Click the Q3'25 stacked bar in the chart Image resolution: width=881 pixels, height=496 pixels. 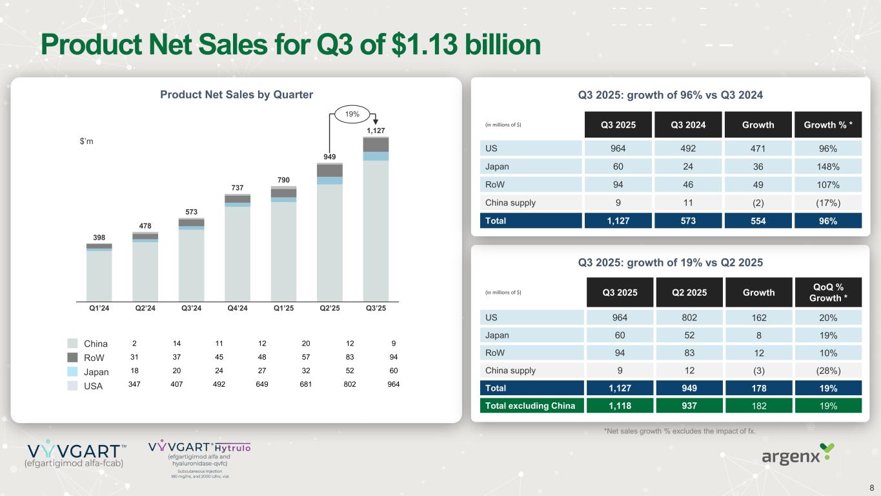pos(376,220)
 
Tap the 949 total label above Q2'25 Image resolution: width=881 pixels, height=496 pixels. pos(330,156)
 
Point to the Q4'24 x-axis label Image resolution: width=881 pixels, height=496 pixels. pos(238,308)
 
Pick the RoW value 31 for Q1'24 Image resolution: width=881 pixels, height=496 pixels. pos(134,358)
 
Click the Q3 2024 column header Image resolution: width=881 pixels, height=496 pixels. pos(688,125)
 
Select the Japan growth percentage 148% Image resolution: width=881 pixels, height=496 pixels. pos(828,167)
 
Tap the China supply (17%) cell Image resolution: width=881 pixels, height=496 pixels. pos(828,203)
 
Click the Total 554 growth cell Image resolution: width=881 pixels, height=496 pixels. pos(759,221)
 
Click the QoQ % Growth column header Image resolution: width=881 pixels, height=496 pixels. pos(828,293)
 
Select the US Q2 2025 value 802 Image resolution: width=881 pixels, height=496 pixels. pos(688,317)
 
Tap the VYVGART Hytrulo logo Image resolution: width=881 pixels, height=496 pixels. pos(199,459)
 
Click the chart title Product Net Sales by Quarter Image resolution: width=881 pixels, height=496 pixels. pos(236,95)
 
